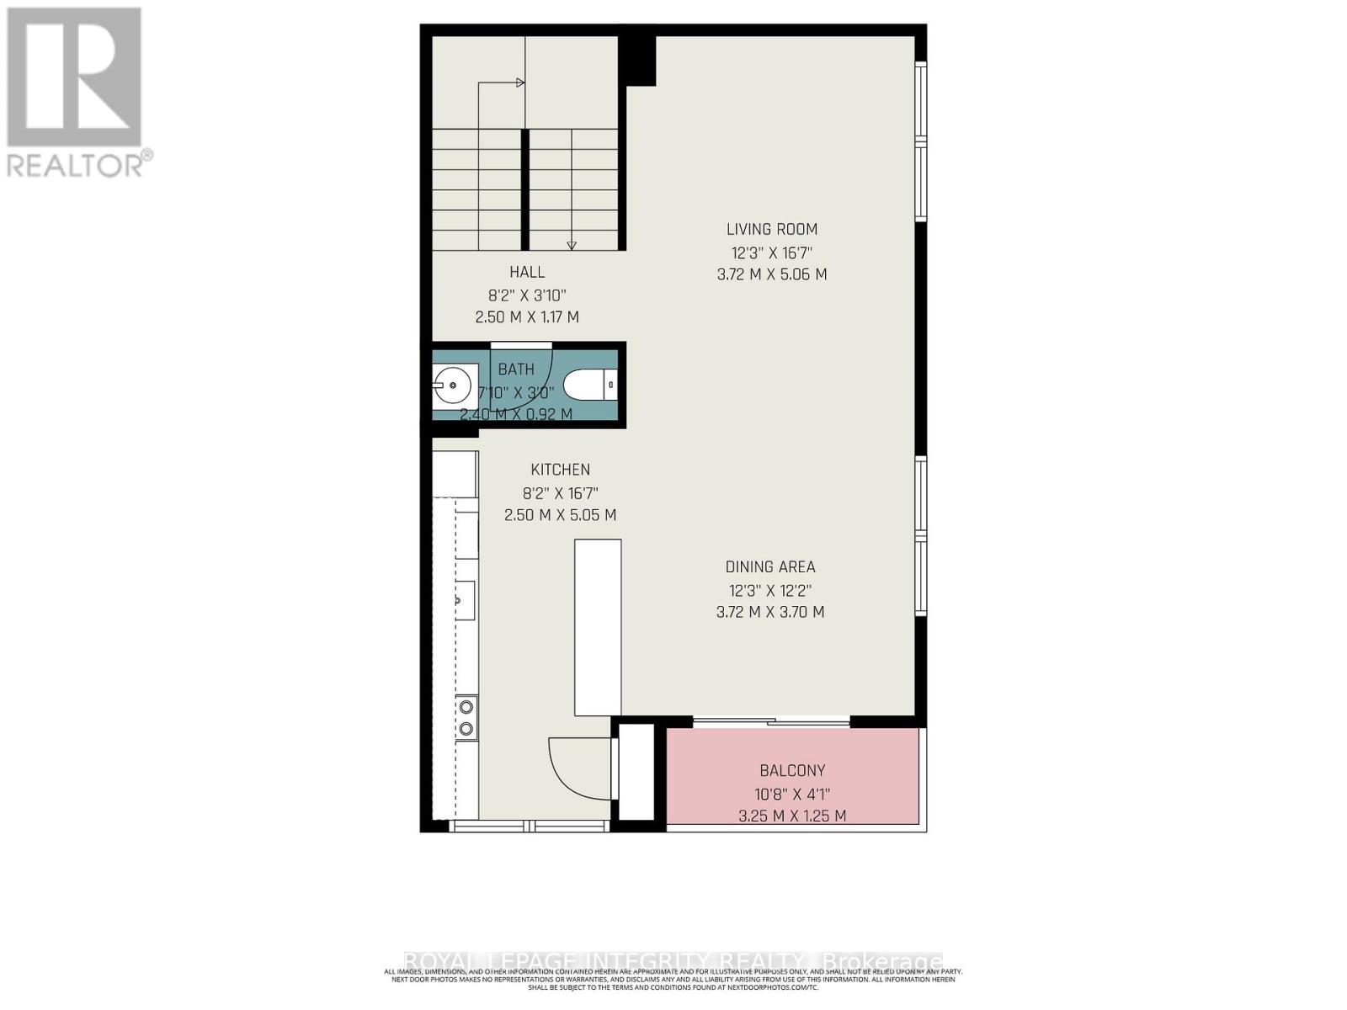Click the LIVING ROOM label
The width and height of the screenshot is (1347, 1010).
(x=771, y=229)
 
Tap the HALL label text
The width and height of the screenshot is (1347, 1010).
(x=527, y=272)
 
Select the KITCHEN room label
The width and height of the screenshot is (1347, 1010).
(x=560, y=470)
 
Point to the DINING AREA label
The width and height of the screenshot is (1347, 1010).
(x=770, y=567)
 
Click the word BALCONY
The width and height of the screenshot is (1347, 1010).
(x=792, y=770)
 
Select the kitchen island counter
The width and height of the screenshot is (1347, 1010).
(x=598, y=627)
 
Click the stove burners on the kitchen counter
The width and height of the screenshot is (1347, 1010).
(x=466, y=718)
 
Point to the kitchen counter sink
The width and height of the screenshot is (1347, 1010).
(x=464, y=600)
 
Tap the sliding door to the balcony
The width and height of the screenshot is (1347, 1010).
(x=771, y=721)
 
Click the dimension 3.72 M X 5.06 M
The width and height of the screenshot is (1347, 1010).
(x=771, y=274)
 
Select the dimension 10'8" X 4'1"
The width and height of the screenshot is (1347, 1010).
(x=792, y=794)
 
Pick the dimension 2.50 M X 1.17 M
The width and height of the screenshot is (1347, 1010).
(x=527, y=317)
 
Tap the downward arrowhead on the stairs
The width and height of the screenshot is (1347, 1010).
(x=572, y=245)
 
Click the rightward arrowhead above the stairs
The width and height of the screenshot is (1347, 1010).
(x=520, y=82)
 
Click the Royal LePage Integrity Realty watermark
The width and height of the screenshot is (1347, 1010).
(x=673, y=961)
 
